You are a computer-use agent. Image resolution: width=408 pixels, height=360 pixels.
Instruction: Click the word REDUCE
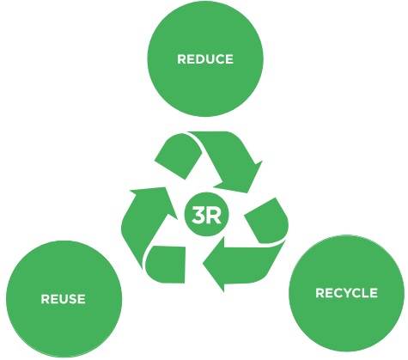point(205,59)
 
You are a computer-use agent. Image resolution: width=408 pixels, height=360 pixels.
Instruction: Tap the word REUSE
point(63,299)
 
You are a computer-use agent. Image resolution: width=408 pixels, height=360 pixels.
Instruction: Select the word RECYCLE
point(346,293)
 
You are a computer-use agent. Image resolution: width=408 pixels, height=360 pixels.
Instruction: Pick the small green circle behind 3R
point(206,215)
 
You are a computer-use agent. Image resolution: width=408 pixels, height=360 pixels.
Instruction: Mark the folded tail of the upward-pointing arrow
point(166,264)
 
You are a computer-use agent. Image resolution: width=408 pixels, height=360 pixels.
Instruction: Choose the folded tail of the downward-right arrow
point(178,156)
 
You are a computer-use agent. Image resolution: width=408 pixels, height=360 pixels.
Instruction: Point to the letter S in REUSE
point(71,299)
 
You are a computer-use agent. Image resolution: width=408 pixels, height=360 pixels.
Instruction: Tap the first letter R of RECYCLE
point(320,293)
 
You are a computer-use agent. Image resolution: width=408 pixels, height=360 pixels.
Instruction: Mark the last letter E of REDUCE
point(229,59)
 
